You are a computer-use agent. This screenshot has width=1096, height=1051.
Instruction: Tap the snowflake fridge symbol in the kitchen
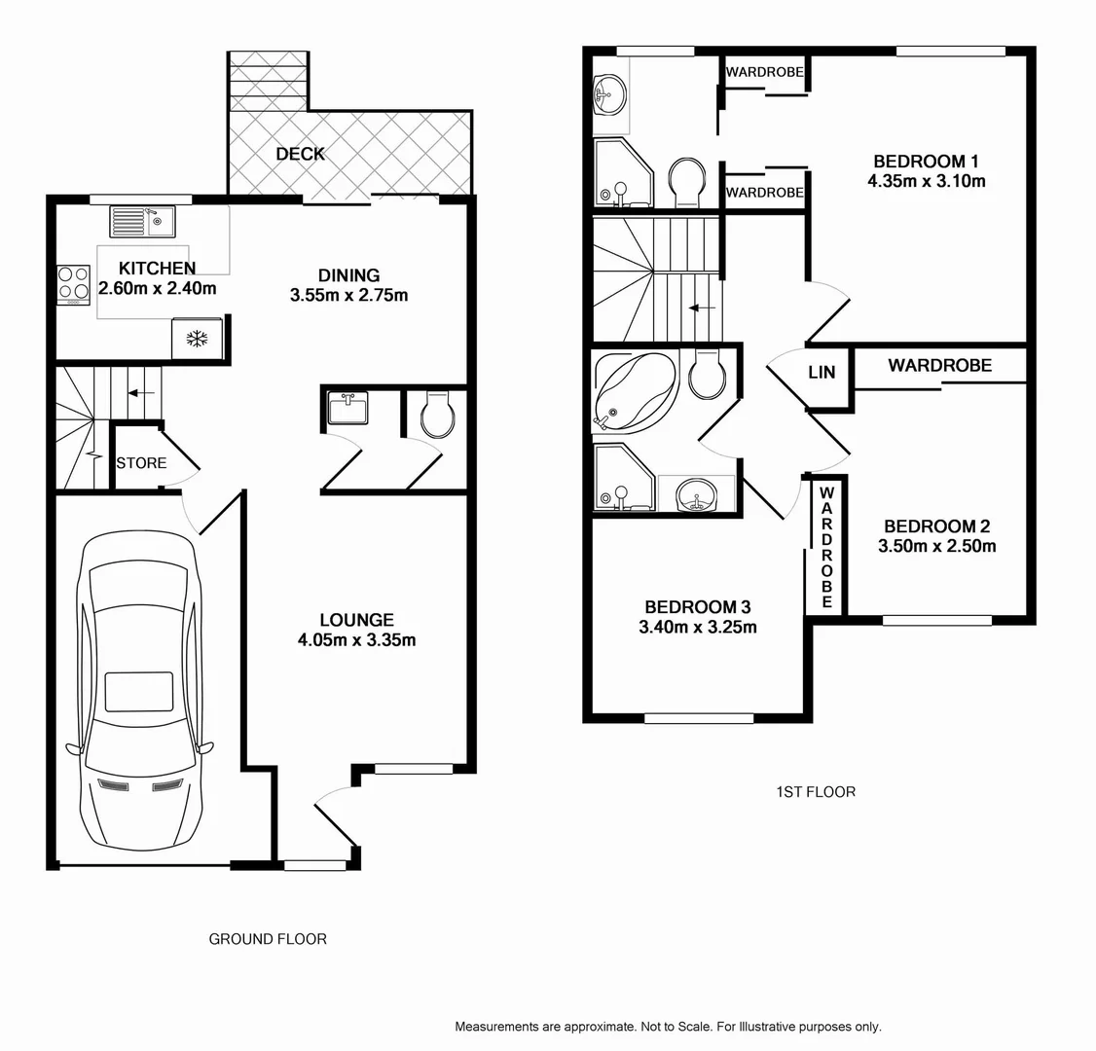pyautogui.click(x=198, y=339)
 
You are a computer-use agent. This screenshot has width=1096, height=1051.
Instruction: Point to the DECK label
pyautogui.click(x=300, y=154)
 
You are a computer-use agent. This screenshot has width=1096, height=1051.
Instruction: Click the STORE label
pyautogui.click(x=141, y=462)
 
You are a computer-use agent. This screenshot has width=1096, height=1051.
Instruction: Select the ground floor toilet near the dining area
pyautogui.click(x=436, y=417)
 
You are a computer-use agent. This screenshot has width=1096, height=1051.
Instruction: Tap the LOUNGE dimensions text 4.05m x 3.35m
pyautogui.click(x=357, y=639)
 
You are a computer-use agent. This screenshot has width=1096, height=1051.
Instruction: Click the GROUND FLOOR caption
pyautogui.click(x=268, y=939)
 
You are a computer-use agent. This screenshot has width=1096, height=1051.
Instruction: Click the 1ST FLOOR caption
pyautogui.click(x=815, y=792)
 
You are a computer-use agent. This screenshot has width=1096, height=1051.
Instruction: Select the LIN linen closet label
pyautogui.click(x=822, y=373)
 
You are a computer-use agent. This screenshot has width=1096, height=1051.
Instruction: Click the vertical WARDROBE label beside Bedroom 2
pyautogui.click(x=826, y=547)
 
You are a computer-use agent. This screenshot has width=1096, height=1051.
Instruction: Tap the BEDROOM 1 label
pyautogui.click(x=925, y=162)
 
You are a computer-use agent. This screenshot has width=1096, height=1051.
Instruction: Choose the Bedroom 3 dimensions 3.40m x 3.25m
pyautogui.click(x=697, y=628)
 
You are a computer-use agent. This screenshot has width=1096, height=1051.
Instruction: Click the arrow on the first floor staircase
pyautogui.click(x=702, y=308)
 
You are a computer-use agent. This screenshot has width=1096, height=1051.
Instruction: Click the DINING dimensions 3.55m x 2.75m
pyautogui.click(x=348, y=295)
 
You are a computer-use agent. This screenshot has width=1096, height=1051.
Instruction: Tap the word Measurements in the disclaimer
pyautogui.click(x=495, y=1027)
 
